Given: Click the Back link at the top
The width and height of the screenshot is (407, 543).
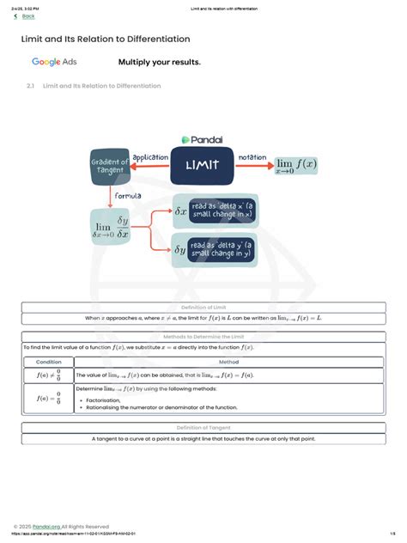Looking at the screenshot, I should tap(27, 15).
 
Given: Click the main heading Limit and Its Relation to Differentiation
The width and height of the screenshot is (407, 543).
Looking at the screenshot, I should tap(106, 40).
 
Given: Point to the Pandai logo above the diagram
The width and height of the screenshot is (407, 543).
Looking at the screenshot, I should tap(203, 139).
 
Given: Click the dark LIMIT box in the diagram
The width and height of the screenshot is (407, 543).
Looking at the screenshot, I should tap(203, 165).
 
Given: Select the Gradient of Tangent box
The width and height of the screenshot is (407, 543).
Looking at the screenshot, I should tap(109, 166).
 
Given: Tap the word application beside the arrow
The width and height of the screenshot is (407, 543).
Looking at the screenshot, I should tap(149, 156).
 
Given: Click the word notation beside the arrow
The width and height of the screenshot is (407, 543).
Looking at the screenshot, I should tap(252, 156).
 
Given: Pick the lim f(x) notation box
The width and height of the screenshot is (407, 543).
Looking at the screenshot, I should tap(296, 166).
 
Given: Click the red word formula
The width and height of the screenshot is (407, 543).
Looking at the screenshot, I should tap(128, 196).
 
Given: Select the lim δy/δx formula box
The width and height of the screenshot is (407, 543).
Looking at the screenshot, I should tap(112, 228).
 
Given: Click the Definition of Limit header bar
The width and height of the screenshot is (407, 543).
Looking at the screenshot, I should tap(203, 308).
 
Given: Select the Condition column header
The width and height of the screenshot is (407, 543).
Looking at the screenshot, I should tap(48, 362).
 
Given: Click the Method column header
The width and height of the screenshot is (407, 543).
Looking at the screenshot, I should tap(228, 362).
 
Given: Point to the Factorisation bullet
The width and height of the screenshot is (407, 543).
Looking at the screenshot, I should tap(106, 400).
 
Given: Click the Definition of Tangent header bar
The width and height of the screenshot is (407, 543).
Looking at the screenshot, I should tap(203, 427).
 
